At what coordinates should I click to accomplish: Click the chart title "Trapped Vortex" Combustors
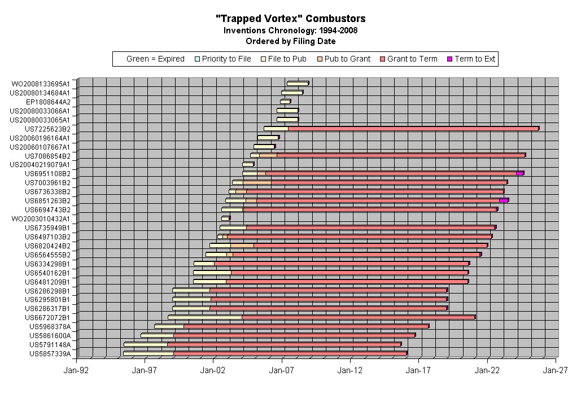291,19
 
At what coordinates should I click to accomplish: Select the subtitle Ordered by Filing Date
291,41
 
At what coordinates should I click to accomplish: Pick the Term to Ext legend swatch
449,59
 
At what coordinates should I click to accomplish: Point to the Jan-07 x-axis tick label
282,371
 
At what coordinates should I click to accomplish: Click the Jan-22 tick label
487,371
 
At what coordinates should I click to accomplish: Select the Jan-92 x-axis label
77,371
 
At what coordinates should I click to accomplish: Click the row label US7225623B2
47,129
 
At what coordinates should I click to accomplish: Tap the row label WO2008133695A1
41,84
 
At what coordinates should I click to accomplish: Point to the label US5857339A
50,354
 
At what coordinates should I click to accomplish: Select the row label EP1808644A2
48,102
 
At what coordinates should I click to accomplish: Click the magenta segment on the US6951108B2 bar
520,173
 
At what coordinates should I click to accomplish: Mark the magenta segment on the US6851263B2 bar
504,200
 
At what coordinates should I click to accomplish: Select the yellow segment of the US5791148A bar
146,344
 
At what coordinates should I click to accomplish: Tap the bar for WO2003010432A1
225,218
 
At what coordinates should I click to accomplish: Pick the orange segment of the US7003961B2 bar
257,182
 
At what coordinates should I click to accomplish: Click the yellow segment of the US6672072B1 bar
205,317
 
